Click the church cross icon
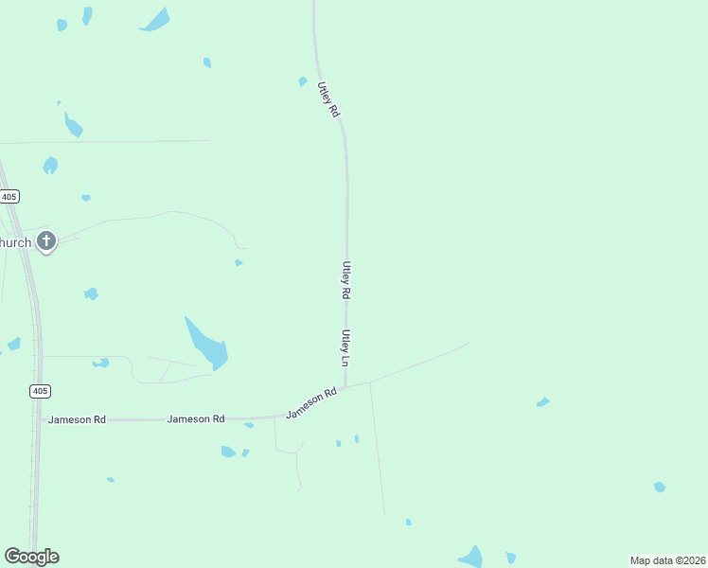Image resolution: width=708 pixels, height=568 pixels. (x=45, y=241)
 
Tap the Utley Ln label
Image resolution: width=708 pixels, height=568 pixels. (x=346, y=348)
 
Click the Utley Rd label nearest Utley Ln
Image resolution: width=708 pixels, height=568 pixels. (x=346, y=280)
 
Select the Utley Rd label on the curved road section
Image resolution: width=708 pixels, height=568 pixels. (x=328, y=99)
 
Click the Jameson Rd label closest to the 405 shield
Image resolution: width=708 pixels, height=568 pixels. (x=77, y=418)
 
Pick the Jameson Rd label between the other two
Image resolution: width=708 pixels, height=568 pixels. (x=196, y=418)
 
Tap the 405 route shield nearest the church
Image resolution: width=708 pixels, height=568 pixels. (x=9, y=196)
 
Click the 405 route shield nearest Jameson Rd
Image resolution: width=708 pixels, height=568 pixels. (x=40, y=391)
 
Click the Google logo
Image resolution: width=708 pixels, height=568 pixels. (x=31, y=557)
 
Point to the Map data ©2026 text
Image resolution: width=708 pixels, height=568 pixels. (x=668, y=560)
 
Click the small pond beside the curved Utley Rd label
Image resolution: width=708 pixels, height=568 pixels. (x=303, y=81)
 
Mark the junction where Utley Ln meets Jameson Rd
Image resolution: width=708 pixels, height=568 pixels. (x=345, y=387)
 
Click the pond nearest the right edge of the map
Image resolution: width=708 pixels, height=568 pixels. (x=660, y=487)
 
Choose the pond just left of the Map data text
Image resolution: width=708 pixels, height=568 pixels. (x=510, y=558)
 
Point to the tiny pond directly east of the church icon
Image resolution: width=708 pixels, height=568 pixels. (x=239, y=262)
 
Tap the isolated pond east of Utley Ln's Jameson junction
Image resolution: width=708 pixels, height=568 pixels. (x=542, y=402)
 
